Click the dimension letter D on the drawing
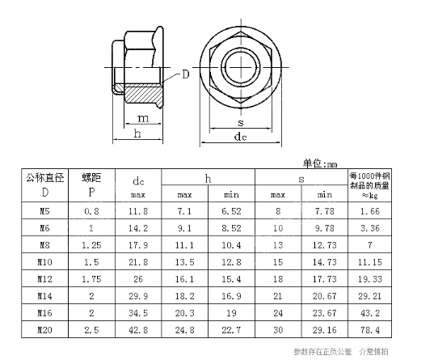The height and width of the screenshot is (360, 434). coord(185,74)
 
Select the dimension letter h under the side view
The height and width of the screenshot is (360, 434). coord(138,133)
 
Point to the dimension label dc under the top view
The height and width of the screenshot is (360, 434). coord(240,138)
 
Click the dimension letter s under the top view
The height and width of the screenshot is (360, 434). coord(240,123)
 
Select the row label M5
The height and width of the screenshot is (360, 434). coord(44,211)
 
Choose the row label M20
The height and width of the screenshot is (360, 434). coord(44,331)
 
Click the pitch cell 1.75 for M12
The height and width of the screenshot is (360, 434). coord(91,279)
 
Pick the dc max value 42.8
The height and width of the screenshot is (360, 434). coord(138,331)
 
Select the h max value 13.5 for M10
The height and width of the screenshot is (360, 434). coord(184,262)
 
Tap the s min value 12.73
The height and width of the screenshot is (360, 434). coord(324,245)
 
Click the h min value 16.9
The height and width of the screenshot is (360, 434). coord(231,297)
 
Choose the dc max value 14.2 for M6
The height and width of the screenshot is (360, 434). coord(138,228)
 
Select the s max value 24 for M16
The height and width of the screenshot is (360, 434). coord(278,314)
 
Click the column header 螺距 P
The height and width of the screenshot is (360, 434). coord(91,185)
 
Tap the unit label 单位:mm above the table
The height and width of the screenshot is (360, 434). coord(320,163)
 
